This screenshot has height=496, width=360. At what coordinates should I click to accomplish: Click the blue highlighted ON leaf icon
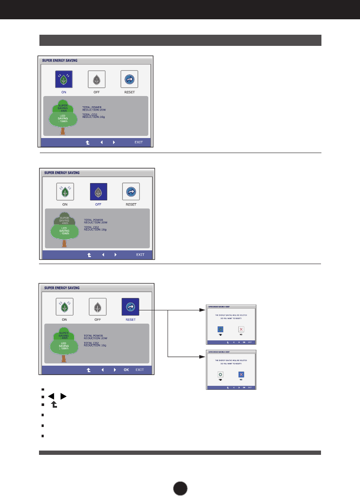(x=63, y=79)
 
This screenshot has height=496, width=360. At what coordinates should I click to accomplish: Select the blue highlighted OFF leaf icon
(x=98, y=192)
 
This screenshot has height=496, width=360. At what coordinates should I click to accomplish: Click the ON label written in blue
(x=63, y=92)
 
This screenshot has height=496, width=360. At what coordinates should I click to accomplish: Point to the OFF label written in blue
(x=98, y=204)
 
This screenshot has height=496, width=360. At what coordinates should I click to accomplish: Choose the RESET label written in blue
(x=130, y=320)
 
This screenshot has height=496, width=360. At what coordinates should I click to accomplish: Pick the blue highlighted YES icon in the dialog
(x=220, y=329)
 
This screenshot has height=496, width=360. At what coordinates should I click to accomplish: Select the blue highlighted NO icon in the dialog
(x=241, y=374)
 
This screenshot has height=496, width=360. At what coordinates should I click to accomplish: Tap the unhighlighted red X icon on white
(x=241, y=329)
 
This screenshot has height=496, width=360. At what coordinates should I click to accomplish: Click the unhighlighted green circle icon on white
(x=220, y=374)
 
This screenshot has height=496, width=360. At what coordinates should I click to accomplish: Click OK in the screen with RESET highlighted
(x=126, y=370)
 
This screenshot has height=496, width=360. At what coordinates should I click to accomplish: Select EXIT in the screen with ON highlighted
(x=138, y=142)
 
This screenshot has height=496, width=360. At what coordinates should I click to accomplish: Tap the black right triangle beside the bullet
(x=63, y=397)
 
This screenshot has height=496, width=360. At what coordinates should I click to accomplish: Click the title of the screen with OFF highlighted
(x=62, y=173)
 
